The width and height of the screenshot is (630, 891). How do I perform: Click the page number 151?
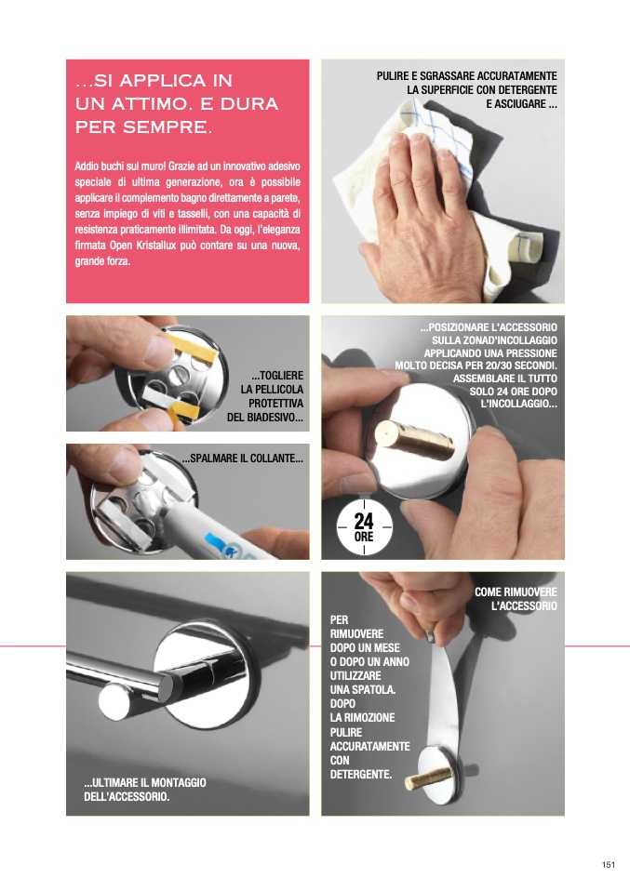coord(609,864)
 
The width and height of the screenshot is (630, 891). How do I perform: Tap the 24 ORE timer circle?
coord(364,526)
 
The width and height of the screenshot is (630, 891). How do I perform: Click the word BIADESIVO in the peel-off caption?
coord(275,417)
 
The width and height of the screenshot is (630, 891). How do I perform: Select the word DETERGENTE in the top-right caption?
coord(527,90)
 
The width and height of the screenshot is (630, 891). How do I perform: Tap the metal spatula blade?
coord(444,698)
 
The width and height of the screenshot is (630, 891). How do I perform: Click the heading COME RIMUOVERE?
coord(516,592)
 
